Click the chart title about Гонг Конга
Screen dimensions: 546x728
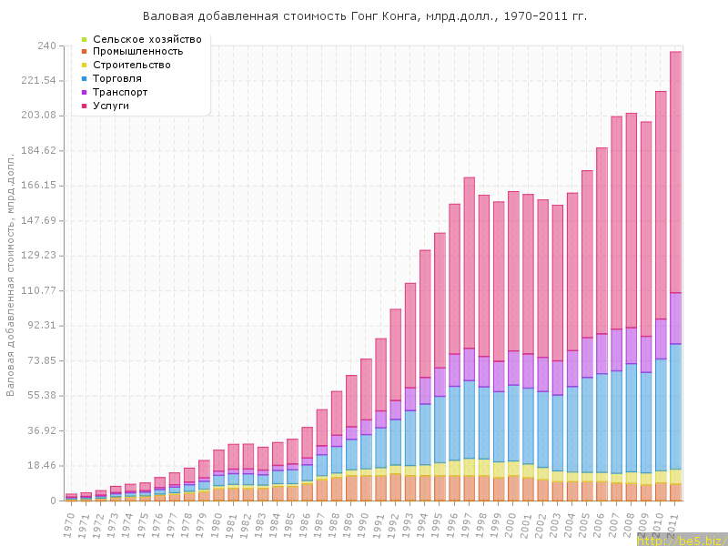pos(365,16)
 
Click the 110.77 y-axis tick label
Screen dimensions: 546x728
pos(39,290)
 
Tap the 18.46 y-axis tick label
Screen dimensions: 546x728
pos(42,466)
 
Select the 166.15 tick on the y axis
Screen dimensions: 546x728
pos(39,186)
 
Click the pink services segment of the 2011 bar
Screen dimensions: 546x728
pos(676,173)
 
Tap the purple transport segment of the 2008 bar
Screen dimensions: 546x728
pos(632,346)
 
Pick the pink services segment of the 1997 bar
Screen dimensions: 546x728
pos(470,264)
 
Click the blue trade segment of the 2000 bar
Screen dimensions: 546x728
pos(514,423)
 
